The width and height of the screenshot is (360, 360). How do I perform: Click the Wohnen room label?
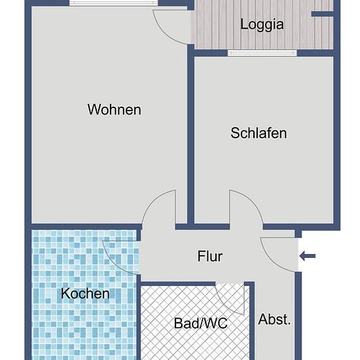point(115,109)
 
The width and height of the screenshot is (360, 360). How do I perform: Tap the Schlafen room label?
point(259,133)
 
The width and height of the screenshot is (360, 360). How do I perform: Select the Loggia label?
point(262,25)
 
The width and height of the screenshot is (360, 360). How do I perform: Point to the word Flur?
point(210,256)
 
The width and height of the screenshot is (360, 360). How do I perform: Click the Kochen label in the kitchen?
point(85,293)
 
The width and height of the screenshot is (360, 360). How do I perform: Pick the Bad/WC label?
point(201,323)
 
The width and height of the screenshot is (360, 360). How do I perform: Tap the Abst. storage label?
point(274,319)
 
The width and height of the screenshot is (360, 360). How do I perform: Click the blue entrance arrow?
point(308,256)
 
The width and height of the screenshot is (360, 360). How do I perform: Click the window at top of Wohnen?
point(114,3)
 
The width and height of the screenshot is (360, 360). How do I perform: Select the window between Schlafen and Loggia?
point(262,53)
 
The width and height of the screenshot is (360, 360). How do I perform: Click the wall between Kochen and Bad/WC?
point(139,317)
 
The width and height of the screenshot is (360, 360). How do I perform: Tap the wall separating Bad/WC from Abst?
point(252,321)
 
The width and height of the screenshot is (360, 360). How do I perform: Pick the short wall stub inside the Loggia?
point(322,14)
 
